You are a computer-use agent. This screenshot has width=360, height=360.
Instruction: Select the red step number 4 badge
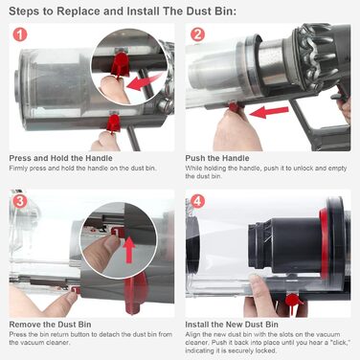tap(198, 204)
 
